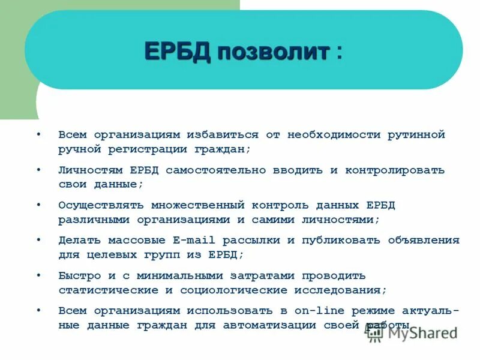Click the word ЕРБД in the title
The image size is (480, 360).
click(x=177, y=52)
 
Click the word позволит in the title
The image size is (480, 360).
click(x=273, y=52)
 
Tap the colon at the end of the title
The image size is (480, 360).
click(x=340, y=52)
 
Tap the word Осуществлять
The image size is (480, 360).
click(x=96, y=205)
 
